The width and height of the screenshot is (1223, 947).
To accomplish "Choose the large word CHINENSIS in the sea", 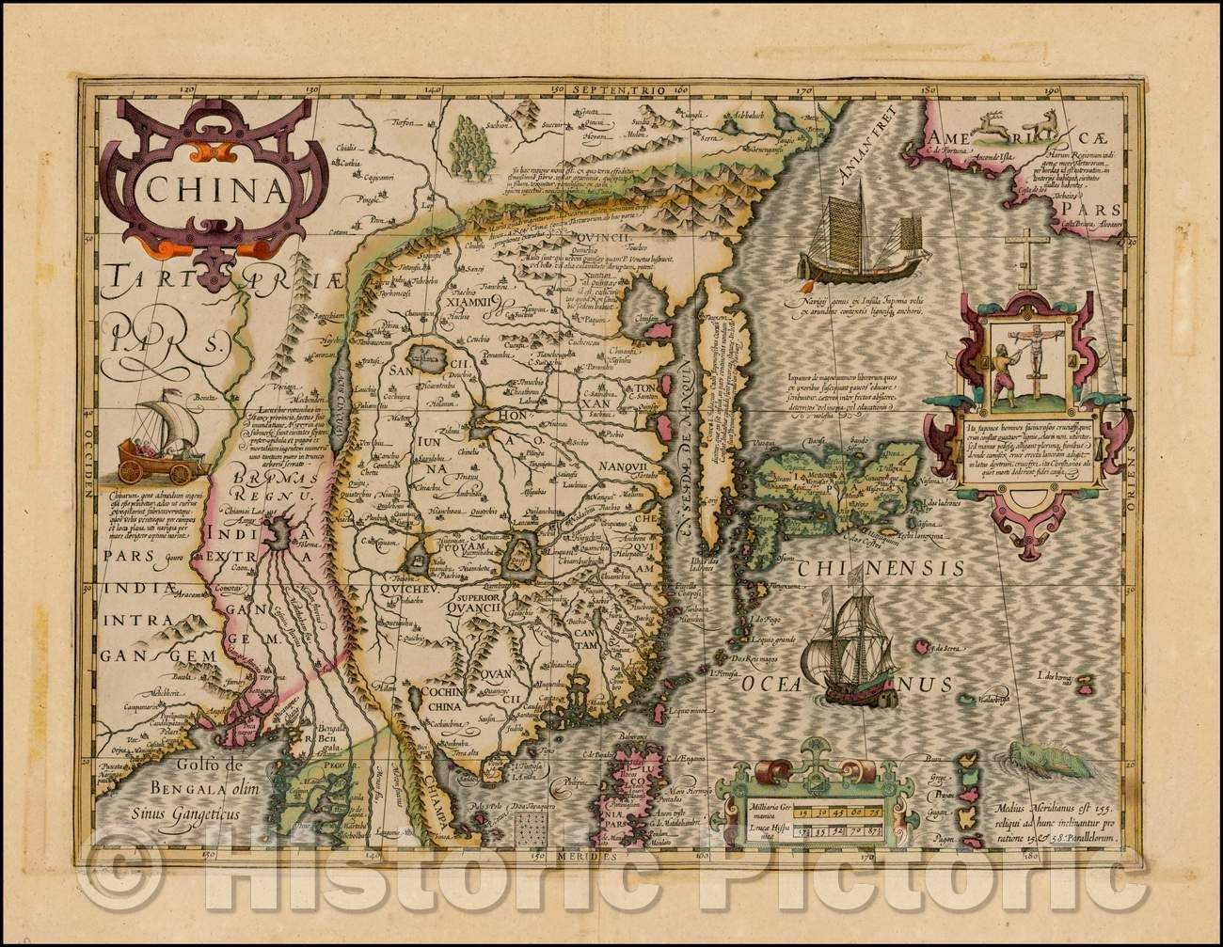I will [x=881, y=569].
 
